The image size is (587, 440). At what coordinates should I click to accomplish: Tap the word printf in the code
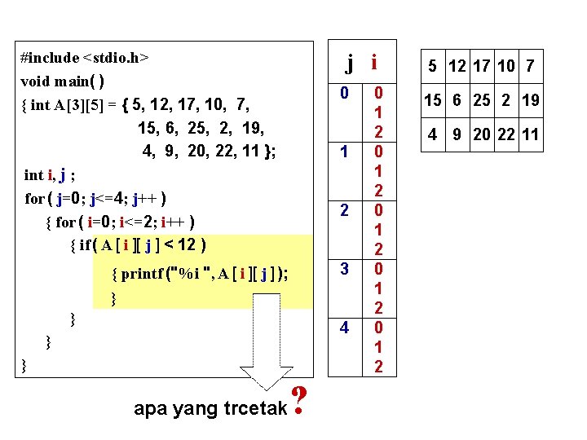142,275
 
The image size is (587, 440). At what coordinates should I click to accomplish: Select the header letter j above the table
349,61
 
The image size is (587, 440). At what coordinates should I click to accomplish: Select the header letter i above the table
374,61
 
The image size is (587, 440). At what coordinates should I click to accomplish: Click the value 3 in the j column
345,269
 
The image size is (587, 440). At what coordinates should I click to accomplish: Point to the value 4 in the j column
345,328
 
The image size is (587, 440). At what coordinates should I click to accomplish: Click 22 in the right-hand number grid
506,134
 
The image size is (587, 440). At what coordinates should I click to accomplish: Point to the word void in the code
35,81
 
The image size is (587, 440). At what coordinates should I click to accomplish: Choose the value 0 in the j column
345,94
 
